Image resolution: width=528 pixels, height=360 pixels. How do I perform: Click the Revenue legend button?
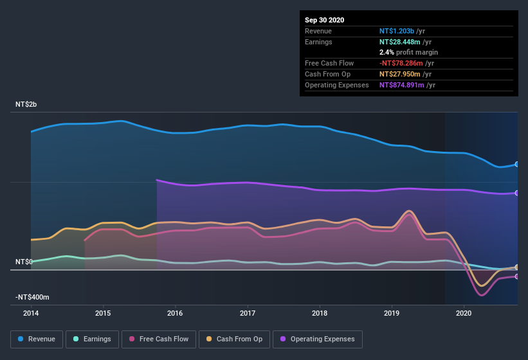pos(37,339)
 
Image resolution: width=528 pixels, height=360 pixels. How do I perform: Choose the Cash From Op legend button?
pos(233,339)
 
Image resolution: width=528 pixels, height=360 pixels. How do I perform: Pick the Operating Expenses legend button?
pos(317,339)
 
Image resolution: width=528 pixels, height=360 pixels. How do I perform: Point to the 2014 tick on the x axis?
pos(31,314)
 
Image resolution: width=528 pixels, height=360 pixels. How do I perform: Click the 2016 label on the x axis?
pos(175,314)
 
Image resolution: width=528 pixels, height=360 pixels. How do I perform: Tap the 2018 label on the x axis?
pos(320,314)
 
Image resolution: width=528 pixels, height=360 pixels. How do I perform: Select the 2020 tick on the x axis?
pos(464,314)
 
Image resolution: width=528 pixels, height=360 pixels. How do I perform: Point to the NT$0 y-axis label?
pos(24,262)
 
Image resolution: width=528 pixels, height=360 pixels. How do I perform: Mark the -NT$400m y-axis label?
pos(33,298)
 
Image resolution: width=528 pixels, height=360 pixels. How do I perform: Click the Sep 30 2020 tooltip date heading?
pos(324,20)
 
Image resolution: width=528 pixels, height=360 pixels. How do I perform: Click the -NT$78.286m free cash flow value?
pos(401,63)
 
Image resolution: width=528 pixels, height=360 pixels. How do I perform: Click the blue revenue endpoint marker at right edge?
pos(517,164)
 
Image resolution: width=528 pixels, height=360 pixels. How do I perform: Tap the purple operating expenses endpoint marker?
pos(517,193)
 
